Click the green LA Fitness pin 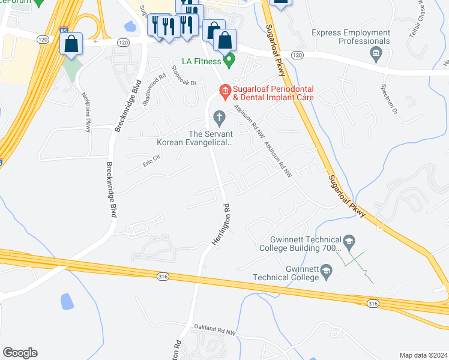[229, 60]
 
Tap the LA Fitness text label [202, 61]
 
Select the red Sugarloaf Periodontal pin [225, 91]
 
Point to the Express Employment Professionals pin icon [376, 55]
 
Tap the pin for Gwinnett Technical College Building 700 [351, 242]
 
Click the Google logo [20, 353]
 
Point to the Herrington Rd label [220, 224]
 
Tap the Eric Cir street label [152, 160]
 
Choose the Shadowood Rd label [154, 90]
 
